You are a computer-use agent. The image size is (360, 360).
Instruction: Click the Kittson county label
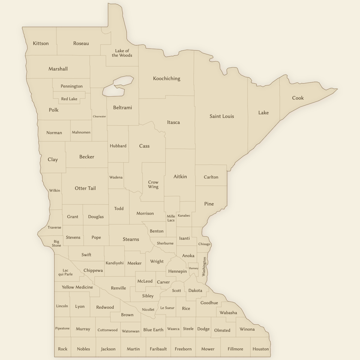(x=41, y=43)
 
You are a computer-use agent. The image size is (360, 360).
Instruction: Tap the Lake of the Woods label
(x=122, y=53)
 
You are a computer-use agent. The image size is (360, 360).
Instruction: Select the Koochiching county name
(x=166, y=79)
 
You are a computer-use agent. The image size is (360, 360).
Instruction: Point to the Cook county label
(x=298, y=98)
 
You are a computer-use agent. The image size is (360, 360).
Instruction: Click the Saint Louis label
(x=222, y=116)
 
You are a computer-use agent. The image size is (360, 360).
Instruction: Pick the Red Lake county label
(x=69, y=99)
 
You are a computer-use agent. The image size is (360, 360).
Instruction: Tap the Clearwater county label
(x=99, y=116)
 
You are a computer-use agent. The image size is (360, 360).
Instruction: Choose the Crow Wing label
(x=153, y=184)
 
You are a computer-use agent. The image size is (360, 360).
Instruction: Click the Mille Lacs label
(x=171, y=218)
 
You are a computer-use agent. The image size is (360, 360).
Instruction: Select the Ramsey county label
(x=194, y=268)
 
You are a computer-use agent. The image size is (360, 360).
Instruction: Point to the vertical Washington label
(x=204, y=266)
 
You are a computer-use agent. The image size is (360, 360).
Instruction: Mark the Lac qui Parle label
(x=65, y=272)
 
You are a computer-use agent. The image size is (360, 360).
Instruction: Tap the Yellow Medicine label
(x=77, y=287)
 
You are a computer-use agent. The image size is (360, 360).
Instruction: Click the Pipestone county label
(x=62, y=328)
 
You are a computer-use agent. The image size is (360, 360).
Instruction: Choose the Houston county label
(x=261, y=349)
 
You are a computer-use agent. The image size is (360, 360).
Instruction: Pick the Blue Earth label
(x=153, y=330)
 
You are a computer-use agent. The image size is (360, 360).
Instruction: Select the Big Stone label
(x=56, y=243)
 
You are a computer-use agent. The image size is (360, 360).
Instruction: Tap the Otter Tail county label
(x=85, y=188)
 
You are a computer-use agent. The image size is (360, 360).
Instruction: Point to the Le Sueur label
(x=167, y=308)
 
